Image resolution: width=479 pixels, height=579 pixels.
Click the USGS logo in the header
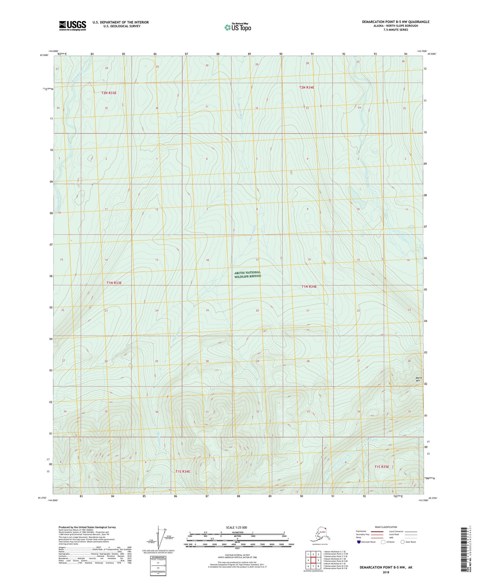[x=72, y=26]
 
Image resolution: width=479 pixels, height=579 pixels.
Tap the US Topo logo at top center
[x=238, y=27]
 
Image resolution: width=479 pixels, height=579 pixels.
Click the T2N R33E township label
[x=109, y=93]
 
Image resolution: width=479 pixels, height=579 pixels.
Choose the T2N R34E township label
[x=307, y=88]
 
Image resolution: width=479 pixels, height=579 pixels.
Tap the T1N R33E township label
[x=114, y=283]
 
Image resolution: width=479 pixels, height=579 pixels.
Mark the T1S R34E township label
[x=183, y=471]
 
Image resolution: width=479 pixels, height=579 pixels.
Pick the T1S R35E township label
[x=382, y=467]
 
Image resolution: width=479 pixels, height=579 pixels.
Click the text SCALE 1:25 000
[x=237, y=528]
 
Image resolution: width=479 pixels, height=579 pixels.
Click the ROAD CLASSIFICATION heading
[x=386, y=527]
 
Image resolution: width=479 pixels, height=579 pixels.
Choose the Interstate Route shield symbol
[x=359, y=542]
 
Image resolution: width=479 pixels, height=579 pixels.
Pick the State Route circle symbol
[x=403, y=542]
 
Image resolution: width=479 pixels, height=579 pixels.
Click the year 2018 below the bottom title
[x=386, y=572]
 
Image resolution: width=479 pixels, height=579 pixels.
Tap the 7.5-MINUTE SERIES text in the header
[x=395, y=30]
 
